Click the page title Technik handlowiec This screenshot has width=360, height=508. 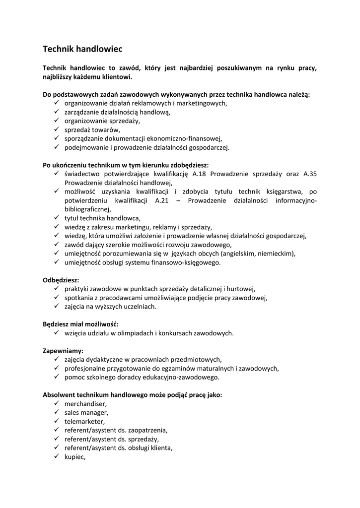tap(82, 49)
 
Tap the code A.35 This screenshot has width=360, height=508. tap(310, 174)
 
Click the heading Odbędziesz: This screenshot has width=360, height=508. tap(61, 280)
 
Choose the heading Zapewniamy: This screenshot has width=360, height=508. tap(63, 350)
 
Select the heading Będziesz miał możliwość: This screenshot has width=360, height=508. tap(77, 324)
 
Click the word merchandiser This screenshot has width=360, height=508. tap(85, 404)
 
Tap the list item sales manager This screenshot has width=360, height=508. tap(86, 412)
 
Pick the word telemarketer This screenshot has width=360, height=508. tap(84, 421)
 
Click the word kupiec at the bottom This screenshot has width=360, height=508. tap(75, 457)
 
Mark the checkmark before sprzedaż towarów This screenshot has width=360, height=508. tap(56, 129)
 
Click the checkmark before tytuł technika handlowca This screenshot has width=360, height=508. tap(56, 218)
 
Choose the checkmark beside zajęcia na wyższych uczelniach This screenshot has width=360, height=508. tap(56, 306)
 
